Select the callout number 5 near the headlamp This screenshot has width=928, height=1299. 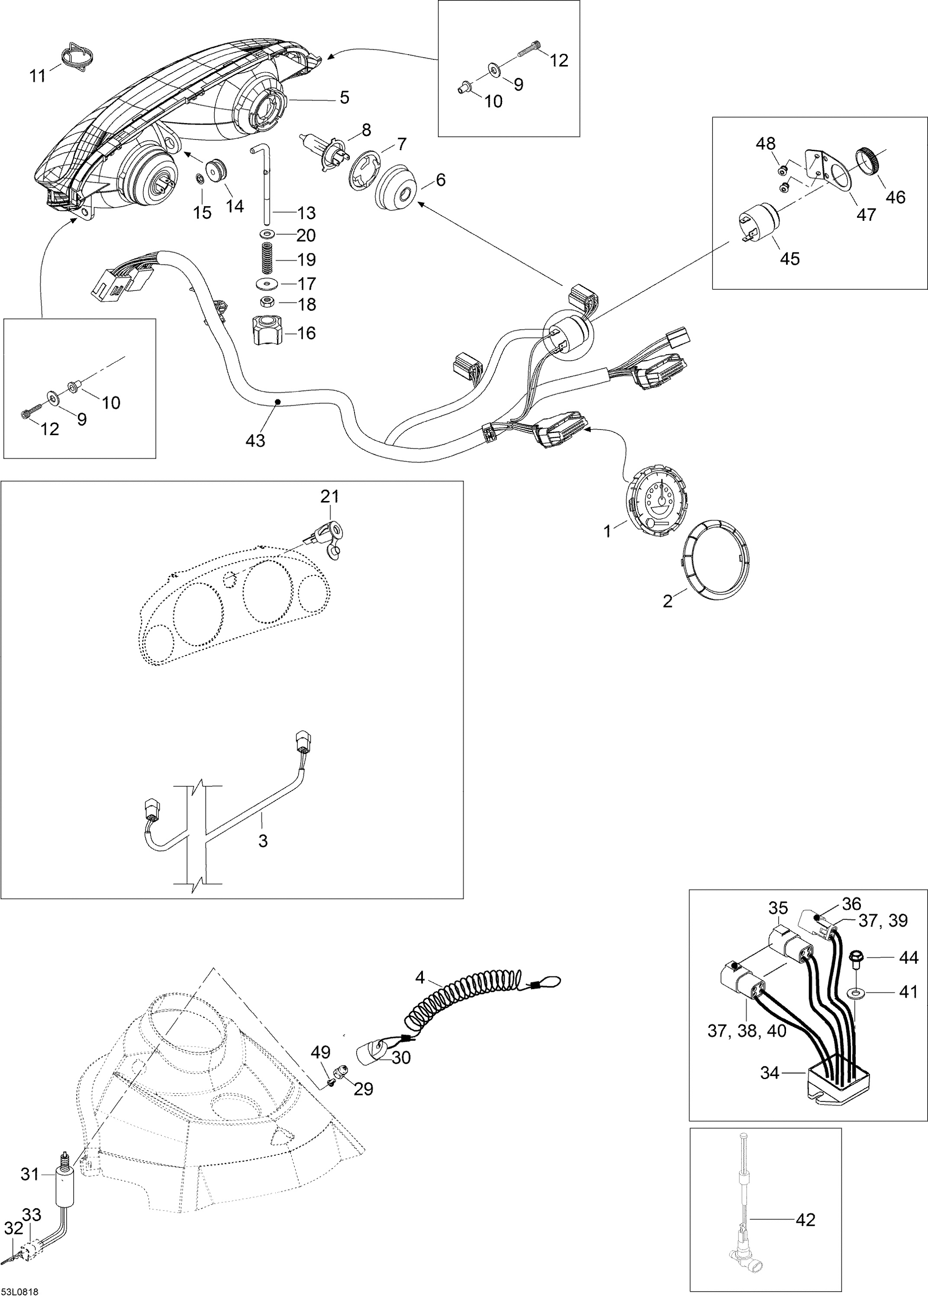click(344, 97)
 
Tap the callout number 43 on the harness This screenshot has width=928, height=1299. click(255, 441)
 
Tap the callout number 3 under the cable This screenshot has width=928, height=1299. click(262, 840)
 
